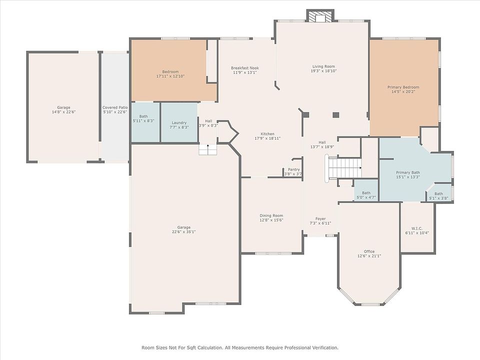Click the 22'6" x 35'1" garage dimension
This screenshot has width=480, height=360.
point(183,231)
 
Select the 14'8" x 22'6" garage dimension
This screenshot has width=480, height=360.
point(63,112)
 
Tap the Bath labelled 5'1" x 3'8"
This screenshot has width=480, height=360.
point(438,193)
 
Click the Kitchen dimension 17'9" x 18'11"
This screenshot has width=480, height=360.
point(267,138)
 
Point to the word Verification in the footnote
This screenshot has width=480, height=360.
point(325,347)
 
